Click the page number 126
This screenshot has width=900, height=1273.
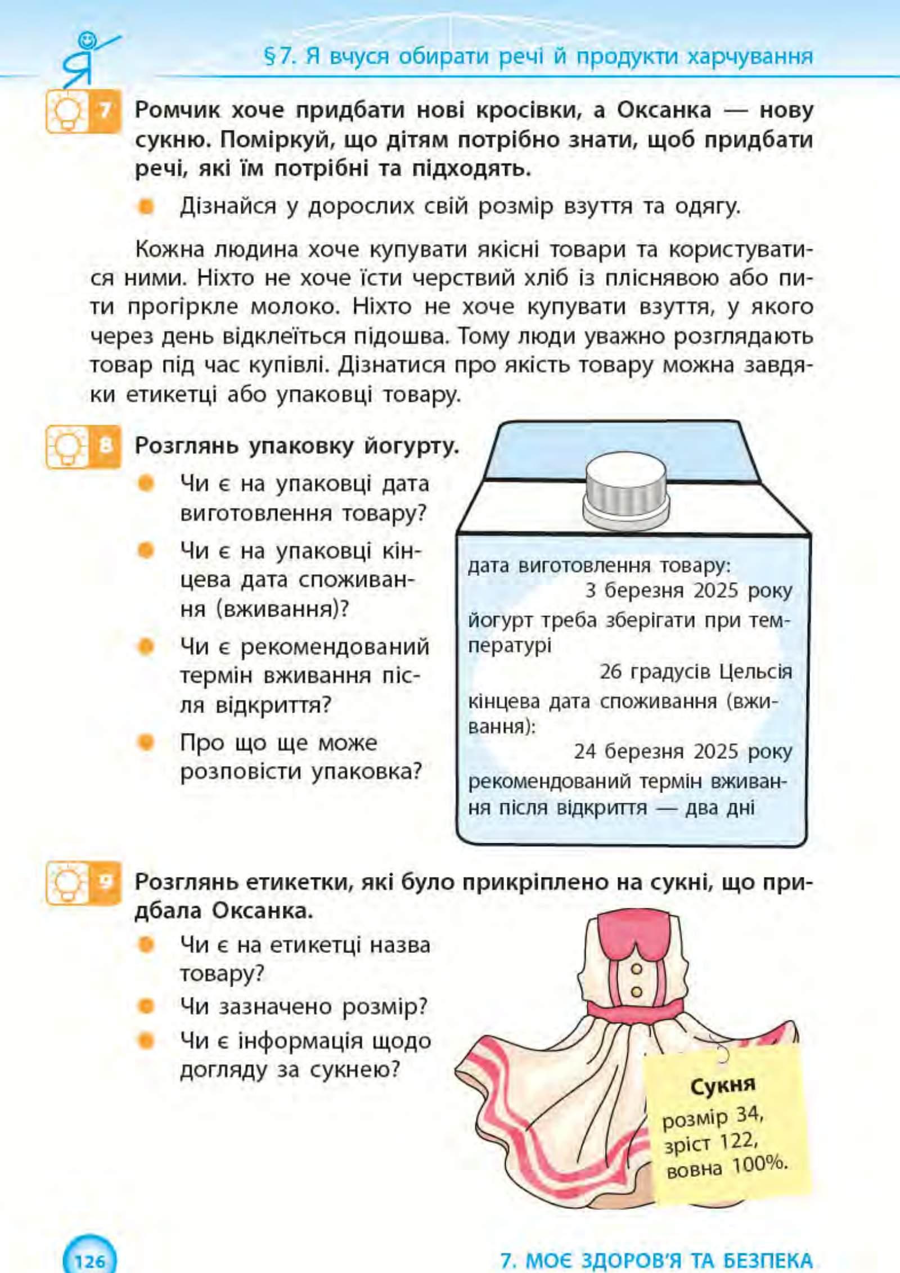pos(89,1258)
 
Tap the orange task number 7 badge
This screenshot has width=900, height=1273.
pos(105,110)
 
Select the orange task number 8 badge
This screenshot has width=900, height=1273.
pos(105,447)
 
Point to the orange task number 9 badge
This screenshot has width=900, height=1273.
pos(105,881)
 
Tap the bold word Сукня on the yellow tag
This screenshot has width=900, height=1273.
pos(723,1085)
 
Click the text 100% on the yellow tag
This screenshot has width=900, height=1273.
pos(759,1163)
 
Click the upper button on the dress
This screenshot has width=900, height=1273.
pos(636,969)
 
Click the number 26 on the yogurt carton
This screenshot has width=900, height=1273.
pos(610,672)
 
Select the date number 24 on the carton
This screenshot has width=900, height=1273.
pos(585,752)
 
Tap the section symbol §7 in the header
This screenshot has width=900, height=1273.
pos(280,57)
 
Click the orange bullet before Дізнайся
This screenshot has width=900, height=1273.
pos(146,206)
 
